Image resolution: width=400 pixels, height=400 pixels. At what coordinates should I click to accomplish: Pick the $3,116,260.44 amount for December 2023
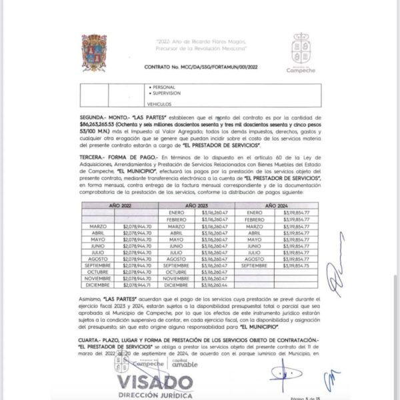pyautogui.click(x=216, y=285)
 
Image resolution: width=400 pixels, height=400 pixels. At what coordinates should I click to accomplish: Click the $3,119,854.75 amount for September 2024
pyautogui.click(x=295, y=265)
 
